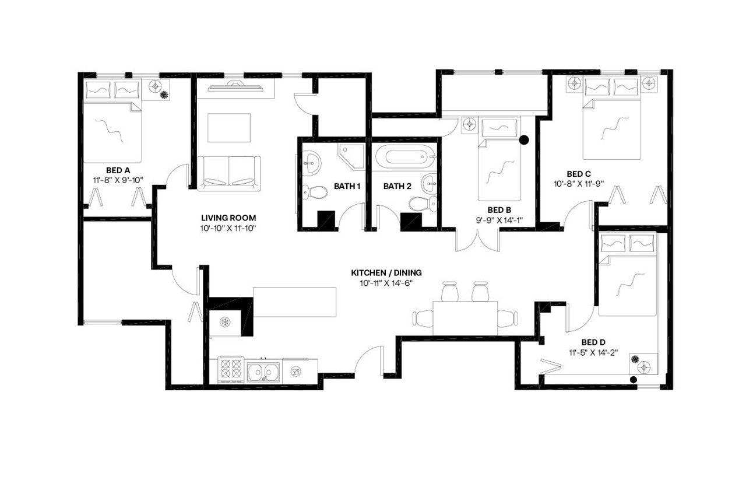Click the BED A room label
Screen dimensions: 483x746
[118, 170]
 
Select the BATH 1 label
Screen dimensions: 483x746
[348, 186]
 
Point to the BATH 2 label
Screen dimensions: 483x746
[397, 186]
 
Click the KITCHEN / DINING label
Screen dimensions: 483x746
[386, 272]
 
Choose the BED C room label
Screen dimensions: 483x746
[579, 174]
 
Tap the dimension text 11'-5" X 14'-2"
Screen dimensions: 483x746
[594, 352]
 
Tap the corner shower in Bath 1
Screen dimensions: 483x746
[351, 156]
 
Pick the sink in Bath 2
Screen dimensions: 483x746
[430, 182]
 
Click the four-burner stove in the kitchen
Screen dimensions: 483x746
[230, 369]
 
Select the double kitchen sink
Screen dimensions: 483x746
[263, 370]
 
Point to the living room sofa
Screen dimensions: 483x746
[228, 173]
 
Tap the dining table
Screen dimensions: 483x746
[465, 317]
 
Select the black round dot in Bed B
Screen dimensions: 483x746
[524, 139]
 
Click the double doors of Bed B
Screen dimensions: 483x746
[478, 240]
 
